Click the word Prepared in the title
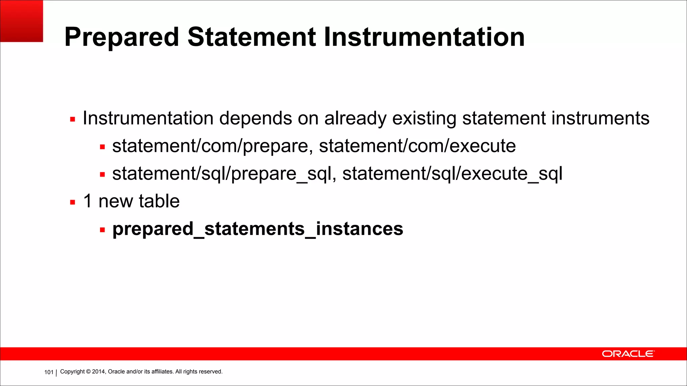pyautogui.click(x=121, y=37)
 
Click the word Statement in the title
pyautogui.click(x=252, y=37)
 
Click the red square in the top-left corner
pyautogui.click(x=21, y=21)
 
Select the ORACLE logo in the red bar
pyautogui.click(x=628, y=354)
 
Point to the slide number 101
pyautogui.click(x=49, y=372)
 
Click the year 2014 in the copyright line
pyautogui.click(x=99, y=372)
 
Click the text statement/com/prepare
pyautogui.click(x=210, y=146)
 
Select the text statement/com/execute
pyautogui.click(x=417, y=146)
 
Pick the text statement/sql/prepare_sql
pyautogui.click(x=222, y=174)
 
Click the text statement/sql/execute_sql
pyautogui.click(x=452, y=174)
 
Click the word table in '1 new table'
pyautogui.click(x=159, y=201)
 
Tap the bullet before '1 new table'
pyautogui.click(x=72, y=202)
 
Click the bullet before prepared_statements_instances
pyautogui.click(x=102, y=230)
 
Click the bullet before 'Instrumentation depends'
pyautogui.click(x=72, y=119)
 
